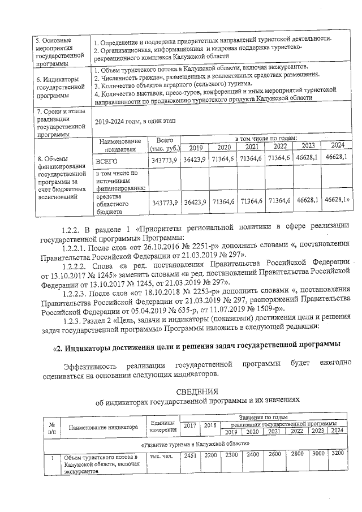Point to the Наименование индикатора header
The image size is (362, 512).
[x=104, y=428]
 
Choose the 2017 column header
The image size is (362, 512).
[x=189, y=425]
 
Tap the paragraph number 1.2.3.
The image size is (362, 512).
[x=76, y=318]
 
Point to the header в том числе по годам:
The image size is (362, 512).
[x=265, y=139]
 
